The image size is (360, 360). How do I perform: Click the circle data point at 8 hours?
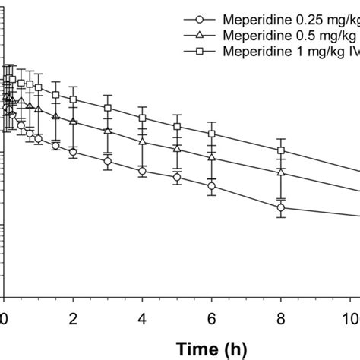pyautogui.click(x=281, y=207)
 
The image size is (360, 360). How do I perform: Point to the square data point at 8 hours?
pyautogui.click(x=281, y=150)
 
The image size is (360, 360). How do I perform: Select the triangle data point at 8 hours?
pyautogui.click(x=281, y=172)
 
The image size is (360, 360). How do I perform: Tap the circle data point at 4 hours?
pyautogui.click(x=142, y=171)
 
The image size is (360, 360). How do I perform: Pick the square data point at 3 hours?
pyautogui.click(x=108, y=109)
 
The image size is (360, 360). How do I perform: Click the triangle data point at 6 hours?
pyautogui.click(x=211, y=156)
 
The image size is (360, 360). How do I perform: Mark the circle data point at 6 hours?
pyautogui.click(x=211, y=185)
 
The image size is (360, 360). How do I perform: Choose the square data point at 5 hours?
pyautogui.click(x=177, y=126)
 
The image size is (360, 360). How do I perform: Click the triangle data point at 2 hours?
pyautogui.click(x=73, y=122)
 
